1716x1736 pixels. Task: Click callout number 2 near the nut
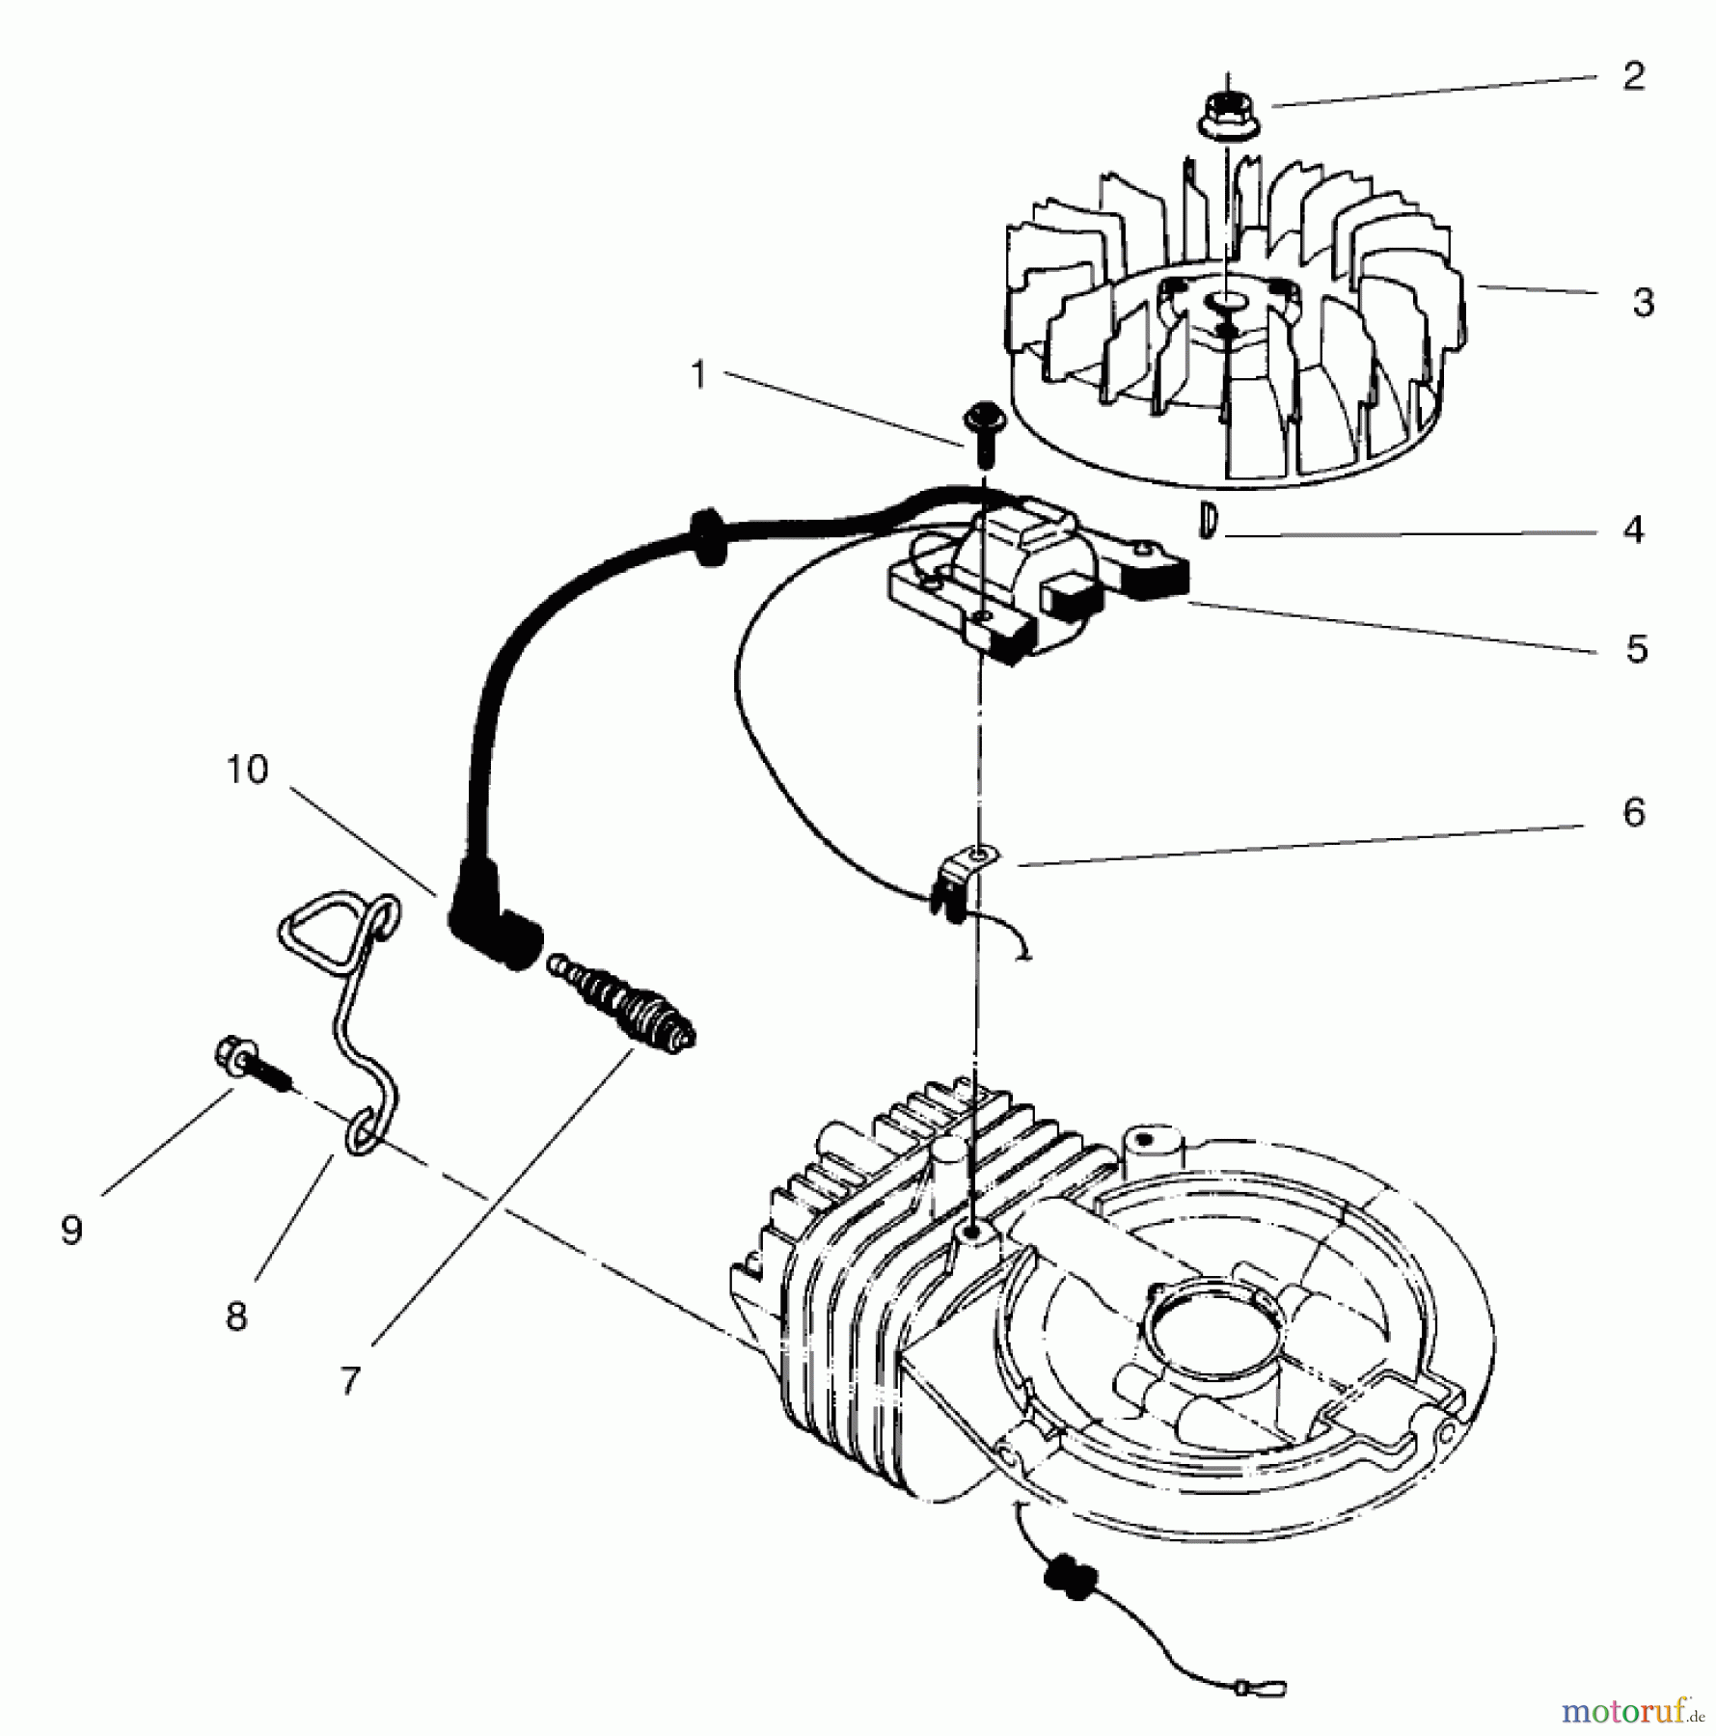[1632, 76]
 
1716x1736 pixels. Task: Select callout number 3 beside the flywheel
[1644, 303]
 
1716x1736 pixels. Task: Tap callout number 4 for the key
[1633, 529]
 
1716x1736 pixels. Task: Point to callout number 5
[1636, 649]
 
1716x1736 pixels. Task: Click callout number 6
[1633, 812]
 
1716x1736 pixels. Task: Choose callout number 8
[236, 1316]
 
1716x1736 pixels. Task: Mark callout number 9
[71, 1230]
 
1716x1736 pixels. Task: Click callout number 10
[247, 770]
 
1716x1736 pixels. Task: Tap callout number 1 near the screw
[699, 375]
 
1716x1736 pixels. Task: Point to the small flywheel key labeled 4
[1206, 521]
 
